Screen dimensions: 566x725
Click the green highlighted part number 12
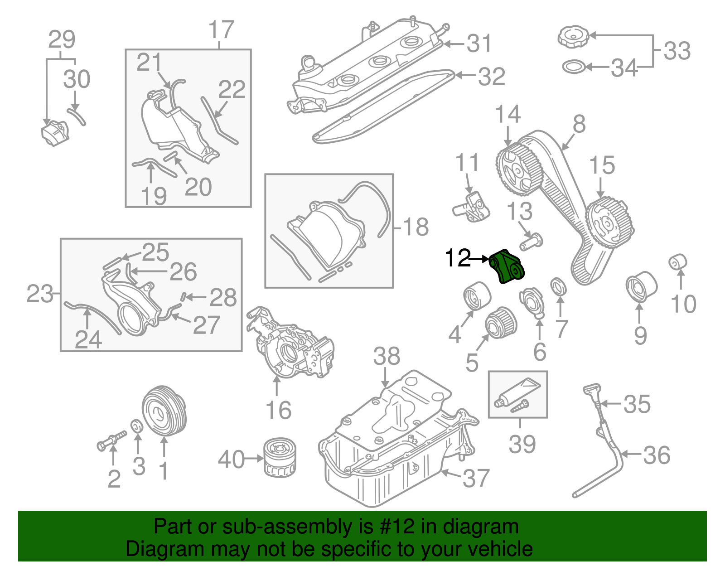[x=507, y=267]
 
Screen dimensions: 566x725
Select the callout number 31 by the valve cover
[x=479, y=44]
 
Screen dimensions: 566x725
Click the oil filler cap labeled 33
[x=573, y=36]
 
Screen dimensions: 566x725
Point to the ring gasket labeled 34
[x=573, y=67]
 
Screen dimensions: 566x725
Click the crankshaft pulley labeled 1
[x=164, y=411]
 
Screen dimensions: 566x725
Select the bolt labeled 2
[x=111, y=440]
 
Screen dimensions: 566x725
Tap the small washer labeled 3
[x=137, y=426]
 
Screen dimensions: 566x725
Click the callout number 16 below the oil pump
[x=278, y=411]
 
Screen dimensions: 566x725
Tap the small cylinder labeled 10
[x=678, y=262]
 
